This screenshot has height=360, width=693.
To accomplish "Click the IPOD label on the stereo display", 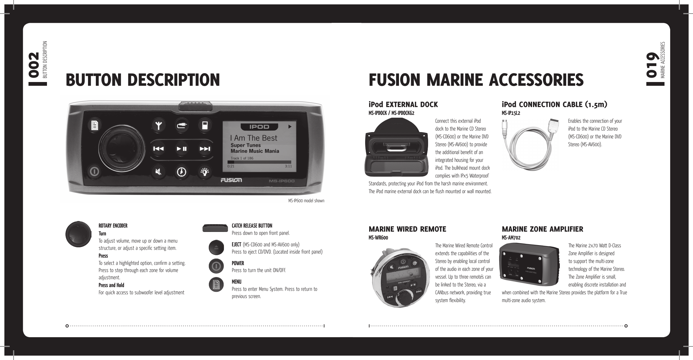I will pyautogui.click(x=259, y=127).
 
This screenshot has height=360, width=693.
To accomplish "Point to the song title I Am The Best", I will pyautogui.click(x=254, y=138).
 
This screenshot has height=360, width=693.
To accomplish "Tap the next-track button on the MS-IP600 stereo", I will pyautogui.click(x=205, y=149).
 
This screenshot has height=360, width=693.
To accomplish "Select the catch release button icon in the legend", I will pyautogui.click(x=215, y=228).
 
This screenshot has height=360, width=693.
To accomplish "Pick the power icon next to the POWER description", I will pyautogui.click(x=216, y=266).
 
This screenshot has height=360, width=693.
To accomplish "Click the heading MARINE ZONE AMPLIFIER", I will pyautogui.click(x=542, y=229).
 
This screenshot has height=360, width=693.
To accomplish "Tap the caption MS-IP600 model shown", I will pyautogui.click(x=306, y=201).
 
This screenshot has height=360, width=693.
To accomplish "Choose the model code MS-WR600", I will pyautogui.click(x=378, y=238).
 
